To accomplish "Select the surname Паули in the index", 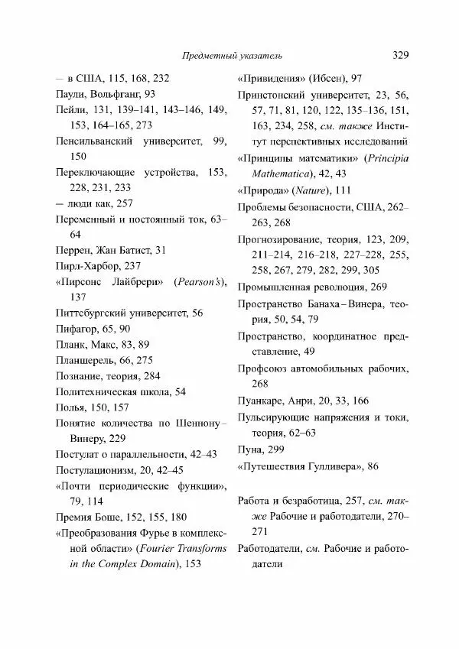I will pyautogui.click(x=71, y=94).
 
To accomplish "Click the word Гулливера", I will pyautogui.click(x=329, y=466).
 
